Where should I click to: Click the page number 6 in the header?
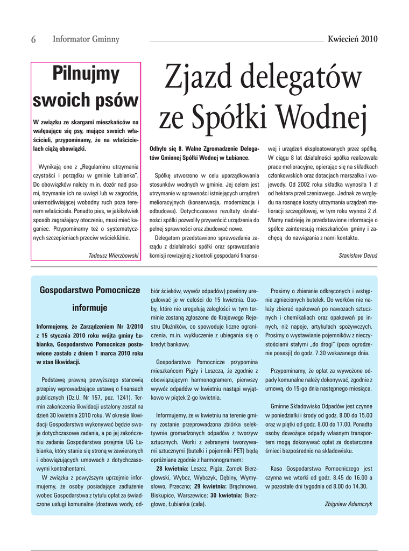(34, 39)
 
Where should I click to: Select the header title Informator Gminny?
(86, 39)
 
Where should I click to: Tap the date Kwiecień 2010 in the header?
(352, 39)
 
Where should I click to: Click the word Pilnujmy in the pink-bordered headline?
(86, 74)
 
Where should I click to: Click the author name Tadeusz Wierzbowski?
(114, 256)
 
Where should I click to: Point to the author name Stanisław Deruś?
(358, 256)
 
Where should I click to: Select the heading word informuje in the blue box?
(90, 308)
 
